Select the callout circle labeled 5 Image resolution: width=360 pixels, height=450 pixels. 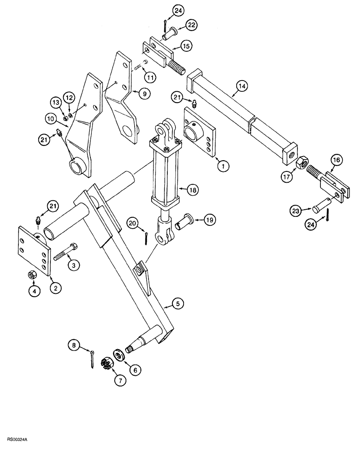point(178,304)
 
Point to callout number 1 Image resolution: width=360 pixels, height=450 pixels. point(221,166)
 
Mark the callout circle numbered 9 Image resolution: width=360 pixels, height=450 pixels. point(144,94)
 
